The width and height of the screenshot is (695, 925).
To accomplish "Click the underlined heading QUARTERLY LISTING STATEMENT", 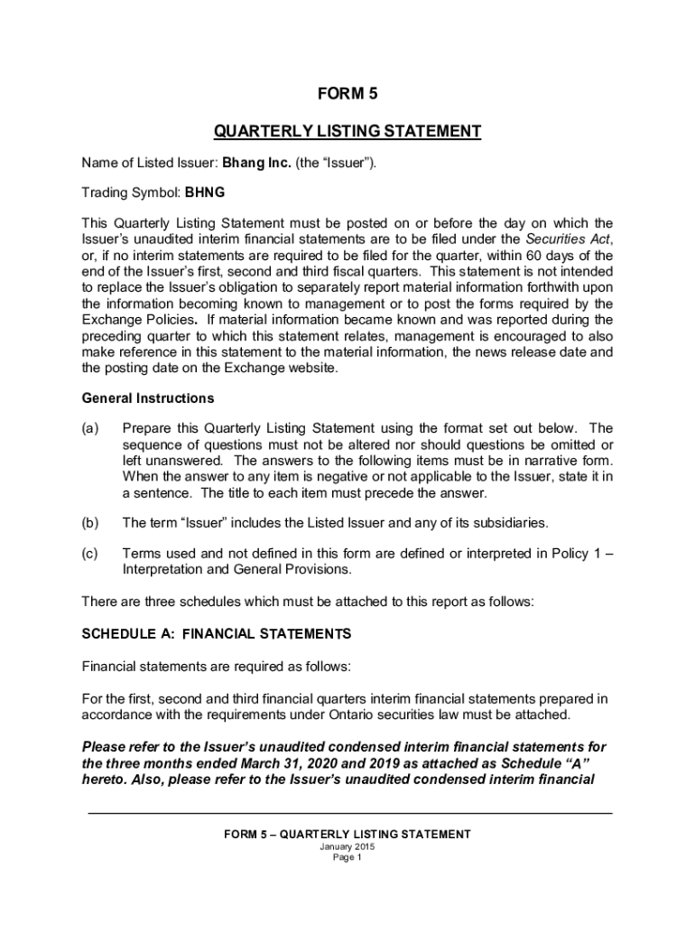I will point(347,132).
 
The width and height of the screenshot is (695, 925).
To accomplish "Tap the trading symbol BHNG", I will point(205,192).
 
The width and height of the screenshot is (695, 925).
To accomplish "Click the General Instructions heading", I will point(148,398).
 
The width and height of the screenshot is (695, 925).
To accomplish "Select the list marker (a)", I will point(90,428).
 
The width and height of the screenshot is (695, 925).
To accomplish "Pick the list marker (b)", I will point(90,523).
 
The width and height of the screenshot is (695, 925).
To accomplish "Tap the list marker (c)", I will point(90,553).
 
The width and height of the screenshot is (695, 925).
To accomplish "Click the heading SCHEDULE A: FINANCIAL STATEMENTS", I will point(217,634).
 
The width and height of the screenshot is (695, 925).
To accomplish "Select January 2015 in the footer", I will point(347,847).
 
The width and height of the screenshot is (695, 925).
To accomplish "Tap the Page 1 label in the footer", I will point(347,858).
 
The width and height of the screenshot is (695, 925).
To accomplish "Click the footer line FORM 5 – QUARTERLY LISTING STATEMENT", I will point(347,835).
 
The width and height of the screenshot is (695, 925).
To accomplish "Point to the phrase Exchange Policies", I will point(138,320).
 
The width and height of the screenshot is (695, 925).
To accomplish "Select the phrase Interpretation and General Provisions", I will point(236,570).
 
